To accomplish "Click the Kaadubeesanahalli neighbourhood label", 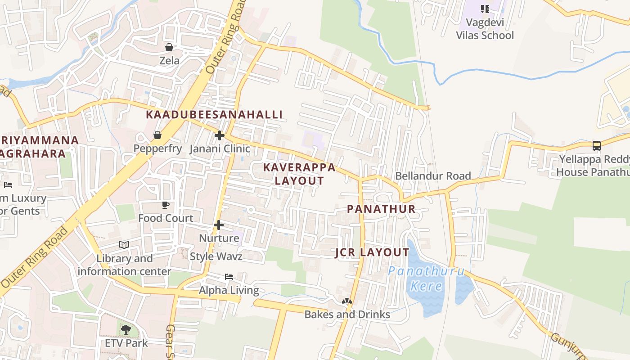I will (x=214, y=115).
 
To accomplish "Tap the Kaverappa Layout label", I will (x=299, y=174).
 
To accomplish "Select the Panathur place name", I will (x=381, y=209).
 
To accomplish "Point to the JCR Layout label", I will (x=372, y=252).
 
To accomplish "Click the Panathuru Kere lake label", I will (x=426, y=279).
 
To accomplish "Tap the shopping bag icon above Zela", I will (x=169, y=47).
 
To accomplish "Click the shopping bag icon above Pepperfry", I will (x=157, y=135).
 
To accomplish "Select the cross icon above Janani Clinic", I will (x=219, y=135).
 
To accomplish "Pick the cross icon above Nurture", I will (x=219, y=225).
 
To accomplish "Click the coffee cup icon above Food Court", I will (x=166, y=205).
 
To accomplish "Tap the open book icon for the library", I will (x=124, y=245).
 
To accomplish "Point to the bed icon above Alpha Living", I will (x=229, y=277).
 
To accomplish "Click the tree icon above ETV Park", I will (x=126, y=330).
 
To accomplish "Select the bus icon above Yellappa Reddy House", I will (x=596, y=146).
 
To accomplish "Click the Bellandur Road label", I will (x=433, y=176).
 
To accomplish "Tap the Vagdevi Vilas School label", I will (x=485, y=29).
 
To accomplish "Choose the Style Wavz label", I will (x=216, y=256).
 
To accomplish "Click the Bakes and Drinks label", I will (x=347, y=314).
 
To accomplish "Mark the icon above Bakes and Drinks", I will (x=346, y=301).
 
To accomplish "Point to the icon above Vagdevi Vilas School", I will (x=485, y=9).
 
